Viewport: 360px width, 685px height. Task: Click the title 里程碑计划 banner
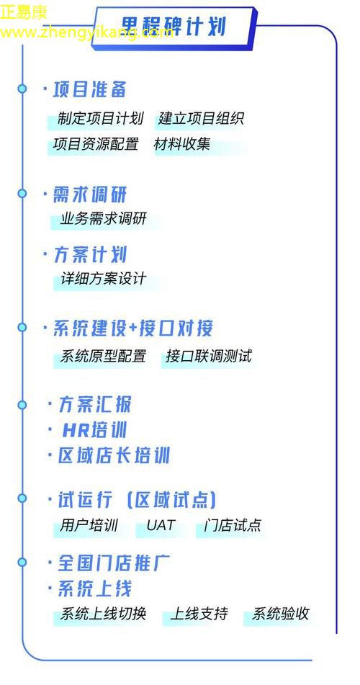click(174, 27)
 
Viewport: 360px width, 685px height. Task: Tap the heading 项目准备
click(90, 89)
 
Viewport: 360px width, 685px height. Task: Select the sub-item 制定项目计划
click(101, 118)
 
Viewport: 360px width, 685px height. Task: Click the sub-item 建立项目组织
click(201, 118)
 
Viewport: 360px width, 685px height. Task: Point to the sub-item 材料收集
click(182, 144)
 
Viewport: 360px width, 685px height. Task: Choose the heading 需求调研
click(90, 194)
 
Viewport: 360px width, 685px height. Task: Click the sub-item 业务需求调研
click(103, 218)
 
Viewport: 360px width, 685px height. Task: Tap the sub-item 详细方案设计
click(103, 279)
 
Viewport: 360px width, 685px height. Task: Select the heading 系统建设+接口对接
click(132, 328)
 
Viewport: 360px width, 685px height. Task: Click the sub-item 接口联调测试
click(209, 356)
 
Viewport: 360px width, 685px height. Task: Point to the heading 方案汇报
click(95, 405)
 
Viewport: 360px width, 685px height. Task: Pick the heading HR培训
click(94, 430)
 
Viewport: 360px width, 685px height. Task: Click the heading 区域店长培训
click(114, 456)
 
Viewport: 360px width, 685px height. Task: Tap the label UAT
click(161, 525)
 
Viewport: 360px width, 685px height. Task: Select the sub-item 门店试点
click(233, 525)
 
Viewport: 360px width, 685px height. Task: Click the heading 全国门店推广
click(114, 563)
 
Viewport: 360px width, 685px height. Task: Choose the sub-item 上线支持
click(199, 614)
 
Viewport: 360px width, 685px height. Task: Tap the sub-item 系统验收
click(281, 614)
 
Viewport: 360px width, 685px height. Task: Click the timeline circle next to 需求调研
click(22, 193)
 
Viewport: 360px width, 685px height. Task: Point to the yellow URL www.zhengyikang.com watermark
click(87, 32)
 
